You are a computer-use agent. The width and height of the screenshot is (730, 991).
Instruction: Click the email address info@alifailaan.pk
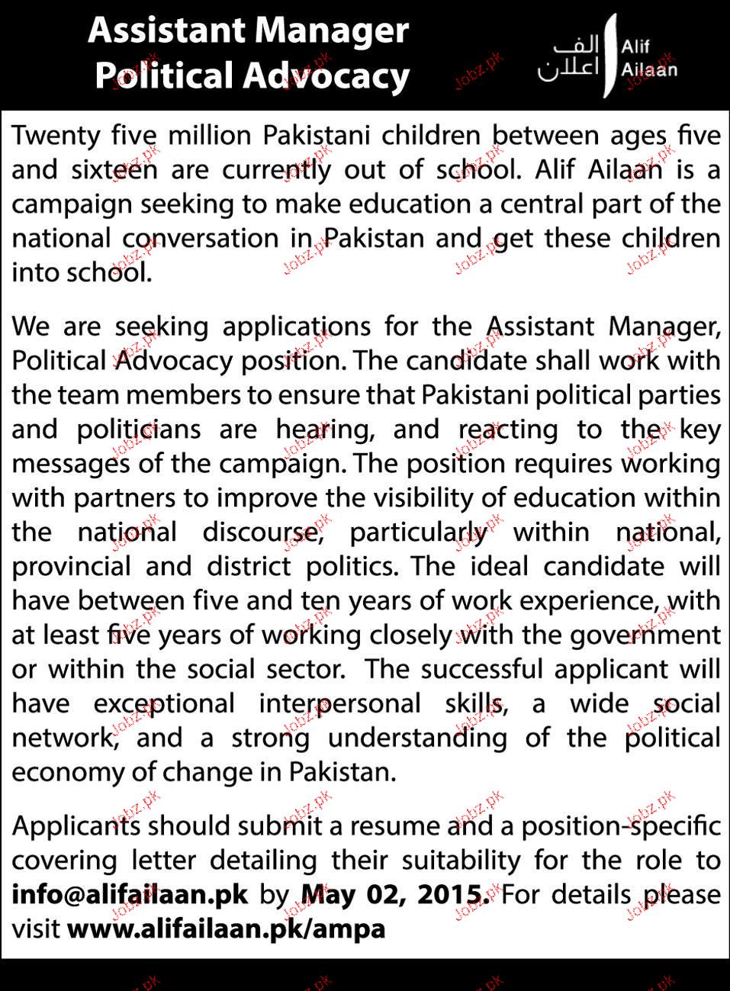[130, 894]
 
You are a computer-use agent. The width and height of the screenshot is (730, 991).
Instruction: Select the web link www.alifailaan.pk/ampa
[227, 928]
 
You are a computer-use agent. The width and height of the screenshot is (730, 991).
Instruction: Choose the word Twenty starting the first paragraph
[56, 136]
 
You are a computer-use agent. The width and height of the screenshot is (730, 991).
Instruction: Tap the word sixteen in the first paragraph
[114, 170]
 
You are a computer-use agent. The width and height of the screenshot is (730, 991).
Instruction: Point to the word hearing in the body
[325, 430]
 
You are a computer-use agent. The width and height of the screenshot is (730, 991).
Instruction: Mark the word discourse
[260, 532]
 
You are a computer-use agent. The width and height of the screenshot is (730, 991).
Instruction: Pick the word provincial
[71, 566]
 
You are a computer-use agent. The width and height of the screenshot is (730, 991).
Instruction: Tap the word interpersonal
[339, 703]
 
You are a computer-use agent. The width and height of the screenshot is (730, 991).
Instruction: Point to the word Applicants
[76, 825]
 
